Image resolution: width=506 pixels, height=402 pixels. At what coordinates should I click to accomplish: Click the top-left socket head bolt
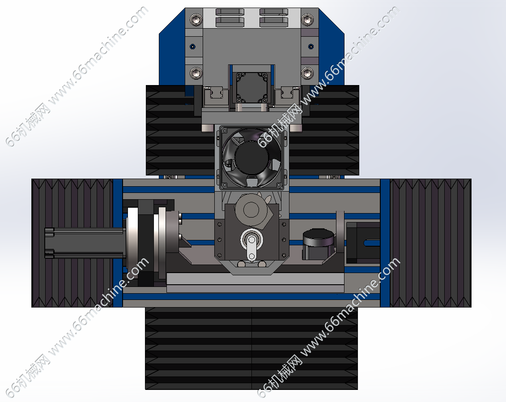(196, 20)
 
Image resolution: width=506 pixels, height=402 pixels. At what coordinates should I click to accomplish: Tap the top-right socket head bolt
(307, 20)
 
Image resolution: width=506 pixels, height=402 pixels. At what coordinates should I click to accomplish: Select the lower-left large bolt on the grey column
(196, 73)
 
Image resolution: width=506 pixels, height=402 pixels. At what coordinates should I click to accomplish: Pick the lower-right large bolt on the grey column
(307, 73)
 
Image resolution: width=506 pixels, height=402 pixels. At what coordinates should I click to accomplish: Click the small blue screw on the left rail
(193, 47)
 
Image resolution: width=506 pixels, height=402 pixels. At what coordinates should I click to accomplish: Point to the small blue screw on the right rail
(311, 47)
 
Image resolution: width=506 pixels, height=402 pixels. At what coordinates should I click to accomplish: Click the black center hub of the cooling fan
(252, 157)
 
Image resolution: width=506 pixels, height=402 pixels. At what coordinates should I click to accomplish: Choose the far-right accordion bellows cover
(430, 243)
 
